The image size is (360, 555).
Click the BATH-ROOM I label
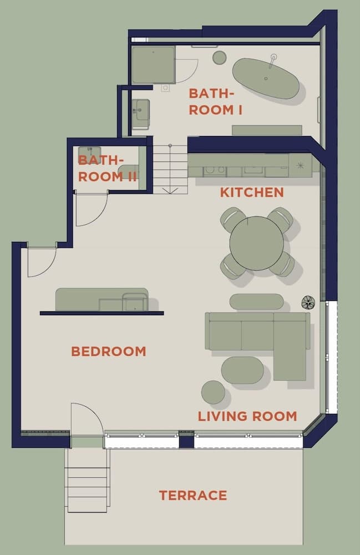(x=216, y=102)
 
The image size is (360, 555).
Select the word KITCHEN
(x=252, y=193)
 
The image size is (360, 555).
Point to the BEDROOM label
(x=109, y=351)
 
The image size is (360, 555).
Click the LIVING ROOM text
(x=247, y=416)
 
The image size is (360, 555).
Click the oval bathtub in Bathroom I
(x=265, y=78)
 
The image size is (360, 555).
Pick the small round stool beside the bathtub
(x=220, y=57)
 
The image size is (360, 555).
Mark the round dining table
(x=256, y=243)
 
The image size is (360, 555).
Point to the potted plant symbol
(x=308, y=302)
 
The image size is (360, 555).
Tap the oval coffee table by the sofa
(x=242, y=370)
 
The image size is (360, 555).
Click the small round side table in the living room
(x=213, y=392)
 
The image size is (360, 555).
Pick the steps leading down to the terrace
(x=87, y=480)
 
